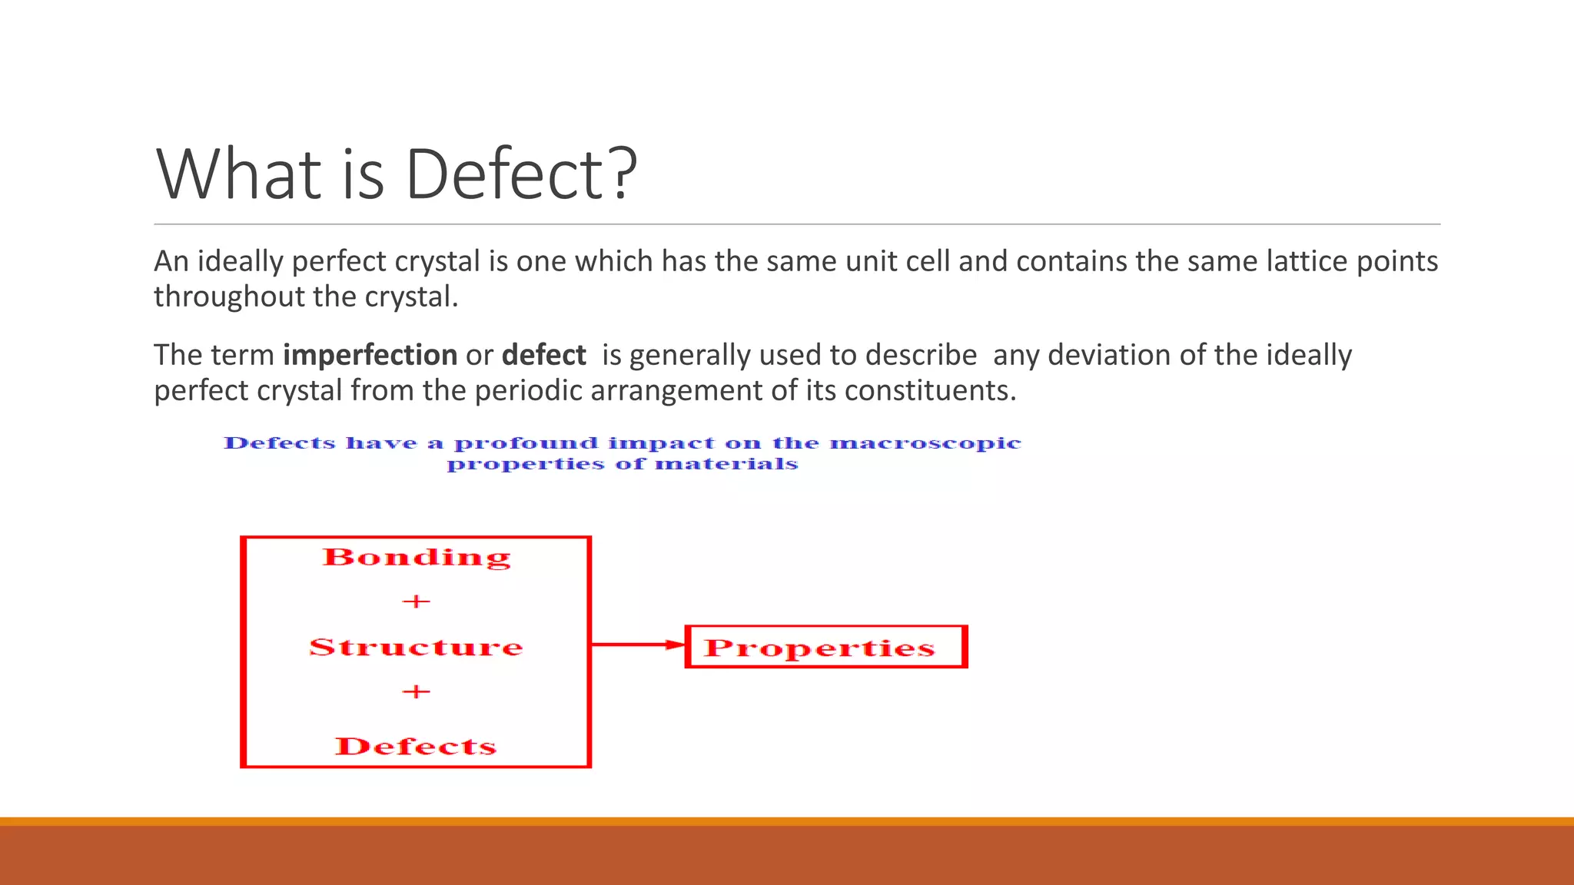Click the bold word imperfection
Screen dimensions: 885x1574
(370, 356)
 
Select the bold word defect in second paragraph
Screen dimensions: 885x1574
(543, 356)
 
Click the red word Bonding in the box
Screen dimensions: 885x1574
(416, 558)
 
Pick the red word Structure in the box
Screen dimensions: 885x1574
(416, 648)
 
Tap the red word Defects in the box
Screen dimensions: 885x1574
(416, 747)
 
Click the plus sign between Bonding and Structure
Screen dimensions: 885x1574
(416, 602)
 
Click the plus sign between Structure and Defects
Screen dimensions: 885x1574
(416, 692)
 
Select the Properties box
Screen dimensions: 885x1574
(825, 647)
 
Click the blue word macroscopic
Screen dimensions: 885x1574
(925, 443)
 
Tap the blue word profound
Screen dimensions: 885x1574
(526, 443)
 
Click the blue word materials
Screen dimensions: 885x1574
(726, 464)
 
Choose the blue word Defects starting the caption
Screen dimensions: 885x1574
(280, 443)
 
